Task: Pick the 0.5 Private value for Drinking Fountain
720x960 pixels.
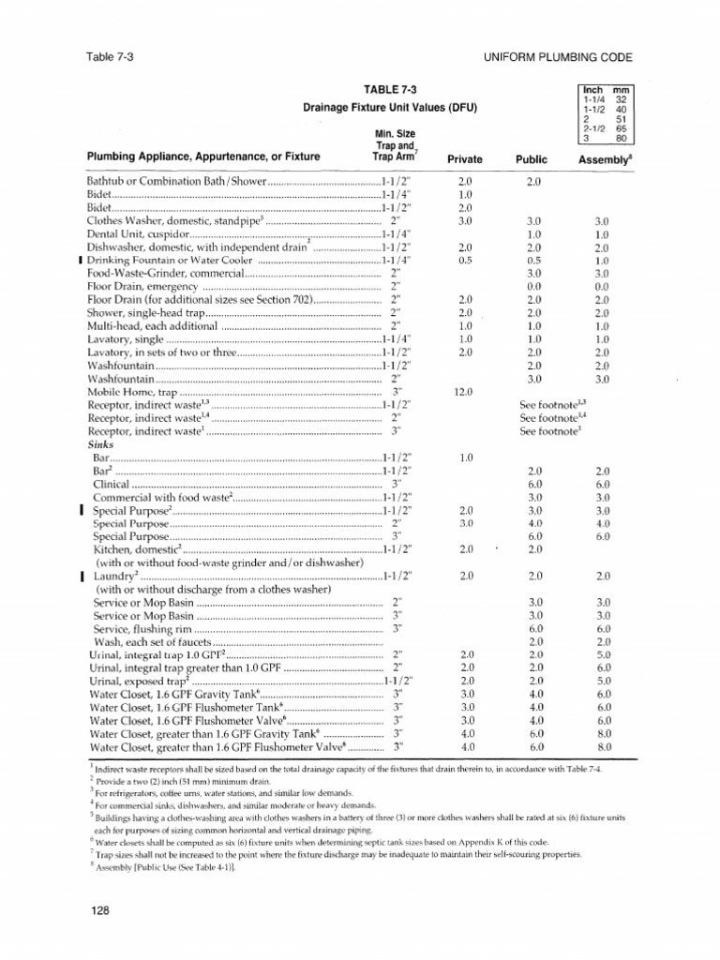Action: (x=465, y=259)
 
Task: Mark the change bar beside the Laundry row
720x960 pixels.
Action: (x=83, y=576)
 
